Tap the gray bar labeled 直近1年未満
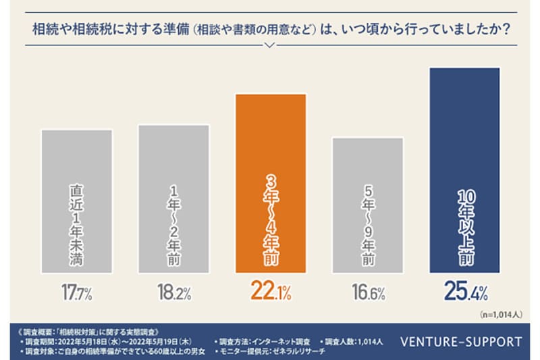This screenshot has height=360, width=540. [x=76, y=199]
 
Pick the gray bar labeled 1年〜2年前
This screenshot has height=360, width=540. [x=173, y=197]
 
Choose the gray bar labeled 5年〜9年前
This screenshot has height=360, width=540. [x=368, y=204]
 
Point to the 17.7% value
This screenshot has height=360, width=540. [x=76, y=292]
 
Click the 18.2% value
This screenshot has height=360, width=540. [x=173, y=292]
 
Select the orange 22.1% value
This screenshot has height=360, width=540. [x=270, y=292]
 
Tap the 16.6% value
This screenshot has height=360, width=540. [x=368, y=292]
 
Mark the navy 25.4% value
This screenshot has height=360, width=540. [x=464, y=292]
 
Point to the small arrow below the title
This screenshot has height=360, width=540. [x=270, y=46]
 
